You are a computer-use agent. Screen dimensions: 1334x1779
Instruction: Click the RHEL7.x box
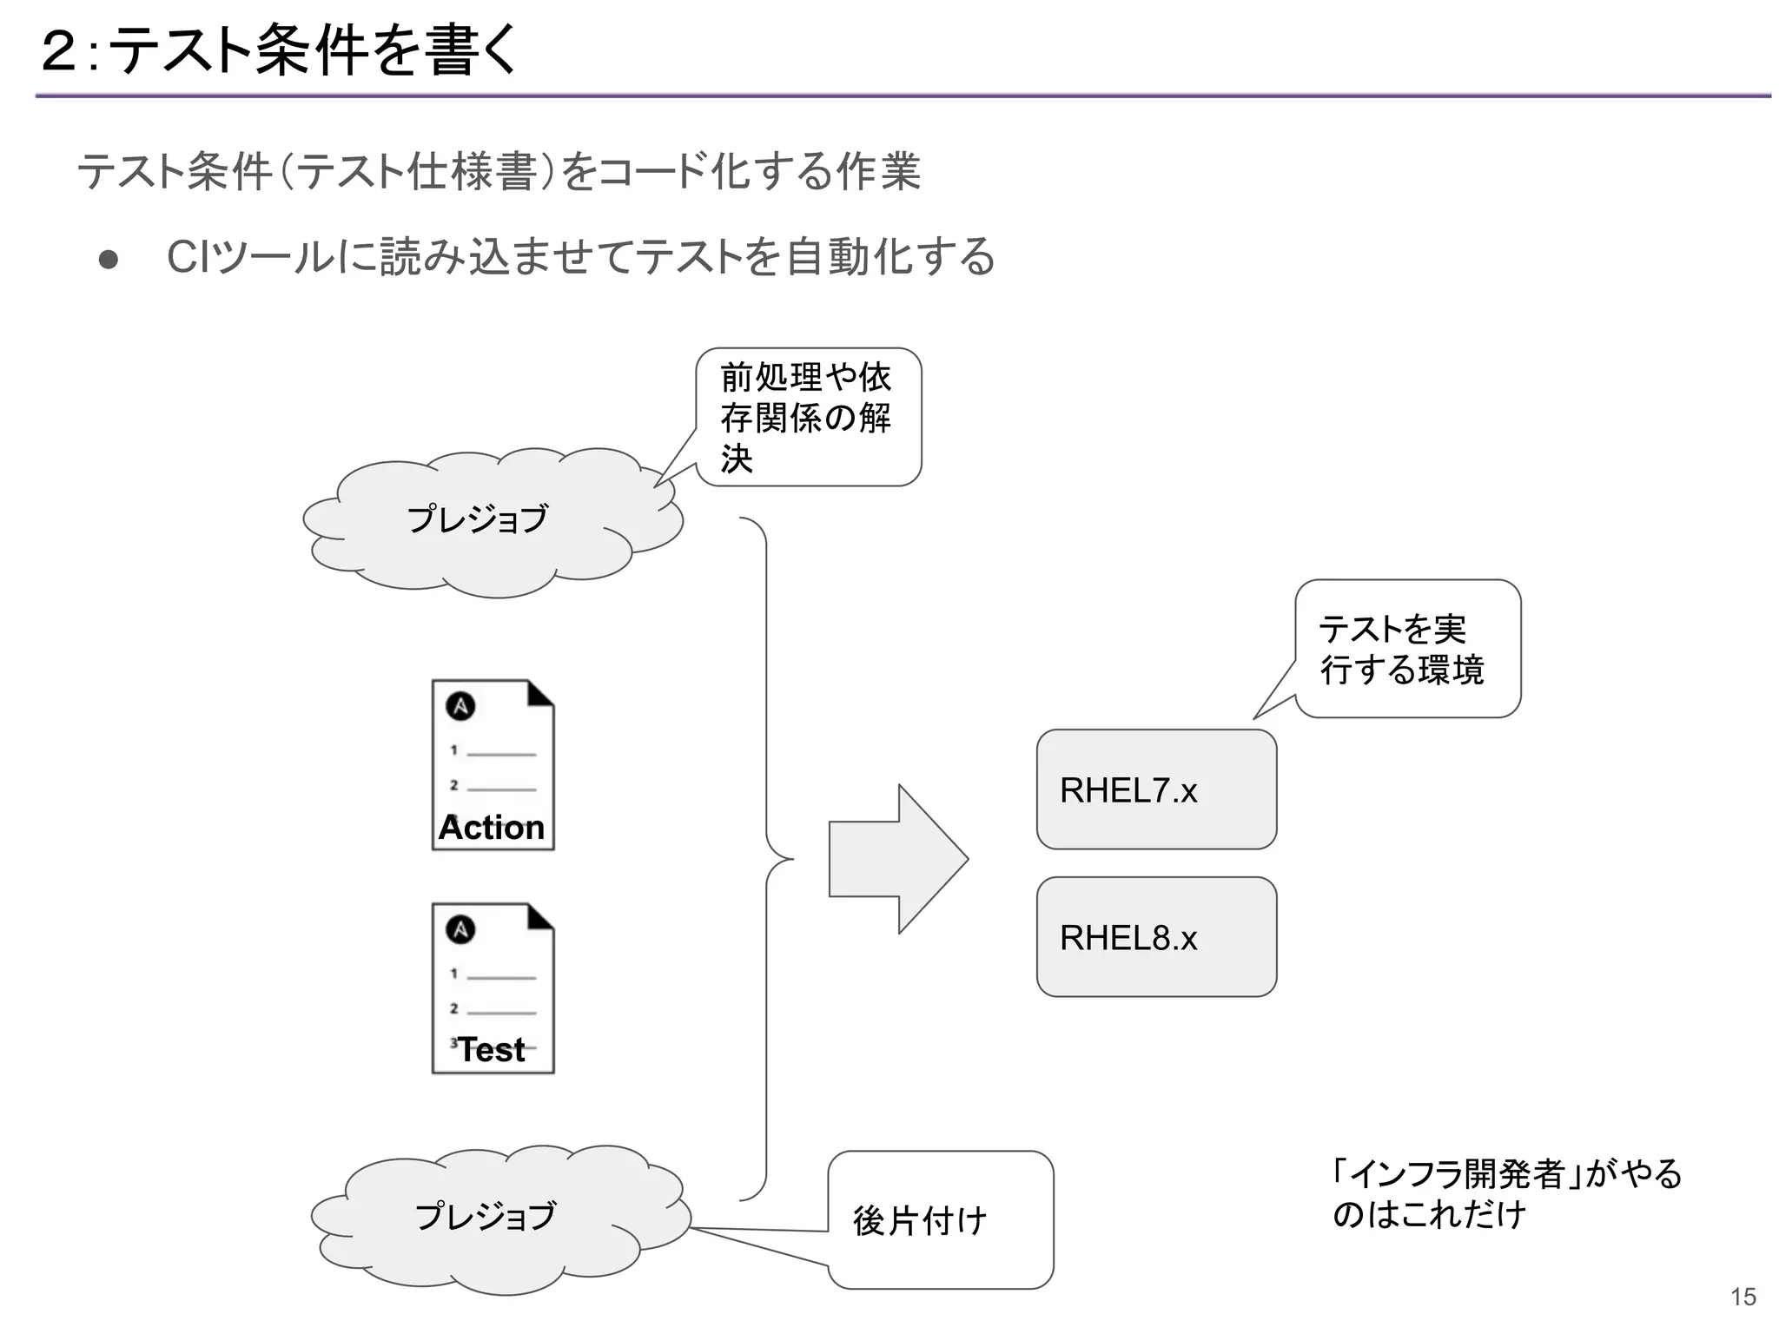coord(1155,789)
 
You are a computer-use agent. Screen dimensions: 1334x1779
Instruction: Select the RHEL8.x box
coord(1155,937)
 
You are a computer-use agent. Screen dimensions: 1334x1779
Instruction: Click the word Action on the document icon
coord(492,828)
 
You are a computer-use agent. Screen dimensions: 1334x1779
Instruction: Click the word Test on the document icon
coord(492,1050)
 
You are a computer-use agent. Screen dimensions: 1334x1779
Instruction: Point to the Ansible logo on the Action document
coord(460,706)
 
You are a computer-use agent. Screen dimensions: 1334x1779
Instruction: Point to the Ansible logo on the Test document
coord(460,929)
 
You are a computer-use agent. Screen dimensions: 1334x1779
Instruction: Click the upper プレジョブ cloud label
coord(477,519)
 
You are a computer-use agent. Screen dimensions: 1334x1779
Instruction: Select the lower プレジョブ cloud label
coord(485,1216)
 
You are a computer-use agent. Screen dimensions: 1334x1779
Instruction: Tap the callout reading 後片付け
coord(941,1220)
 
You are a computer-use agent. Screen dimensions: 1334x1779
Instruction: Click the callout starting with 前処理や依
coord(808,417)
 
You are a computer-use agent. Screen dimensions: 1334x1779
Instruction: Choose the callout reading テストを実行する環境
coord(1407,649)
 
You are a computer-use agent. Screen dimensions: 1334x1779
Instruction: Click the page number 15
coord(1743,1297)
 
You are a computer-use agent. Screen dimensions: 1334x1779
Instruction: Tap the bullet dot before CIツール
coord(109,260)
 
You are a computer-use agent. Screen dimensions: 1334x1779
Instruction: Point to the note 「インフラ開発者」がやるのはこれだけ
coord(1507,1193)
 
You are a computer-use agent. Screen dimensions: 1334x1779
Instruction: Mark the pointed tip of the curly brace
coord(791,859)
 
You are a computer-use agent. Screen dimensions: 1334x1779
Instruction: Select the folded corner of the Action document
coord(541,693)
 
